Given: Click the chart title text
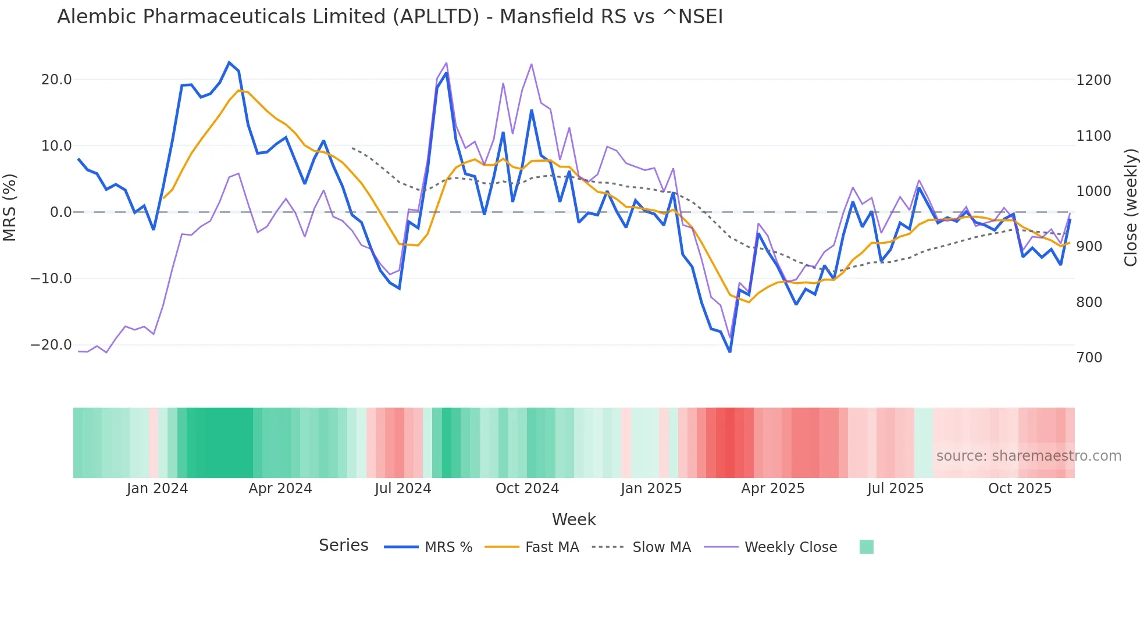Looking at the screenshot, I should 390,17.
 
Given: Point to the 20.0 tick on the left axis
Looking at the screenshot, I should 56,80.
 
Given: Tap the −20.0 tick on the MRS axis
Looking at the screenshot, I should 51,345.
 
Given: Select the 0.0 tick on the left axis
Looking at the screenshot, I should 61,212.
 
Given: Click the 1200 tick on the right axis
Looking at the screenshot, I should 1093,80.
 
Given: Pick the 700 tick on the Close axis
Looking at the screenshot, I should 1089,358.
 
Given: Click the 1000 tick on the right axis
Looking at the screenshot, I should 1093,191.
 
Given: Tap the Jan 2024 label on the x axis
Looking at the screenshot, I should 157,489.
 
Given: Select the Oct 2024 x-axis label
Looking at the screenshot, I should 527,489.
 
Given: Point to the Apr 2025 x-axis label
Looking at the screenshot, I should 772,489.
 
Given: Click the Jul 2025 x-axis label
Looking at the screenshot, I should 895,489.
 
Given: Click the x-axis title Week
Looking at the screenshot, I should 573,519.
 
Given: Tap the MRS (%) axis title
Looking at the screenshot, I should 10,207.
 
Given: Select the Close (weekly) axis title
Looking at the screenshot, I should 1130,208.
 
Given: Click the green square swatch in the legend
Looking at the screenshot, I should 866,547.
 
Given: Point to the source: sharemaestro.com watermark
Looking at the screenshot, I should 1028,456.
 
